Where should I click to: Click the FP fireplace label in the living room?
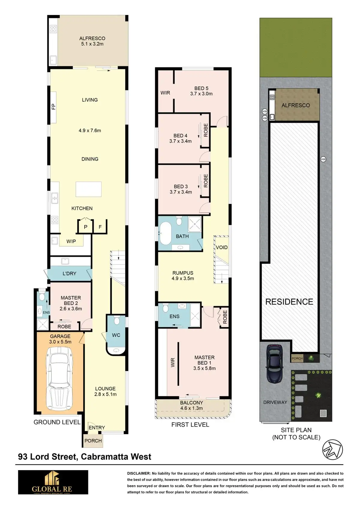pos(54,107)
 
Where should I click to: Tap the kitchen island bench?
pos(88,189)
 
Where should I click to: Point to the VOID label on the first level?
pos(222,247)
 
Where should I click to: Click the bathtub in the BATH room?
pos(165,233)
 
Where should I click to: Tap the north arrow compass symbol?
pos(332,449)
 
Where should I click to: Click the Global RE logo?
pos(53,482)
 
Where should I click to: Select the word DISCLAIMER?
pos(138,473)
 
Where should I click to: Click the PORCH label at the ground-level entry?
pos(93,441)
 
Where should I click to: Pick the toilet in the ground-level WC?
pos(117,321)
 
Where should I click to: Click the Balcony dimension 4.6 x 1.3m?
pos(191,408)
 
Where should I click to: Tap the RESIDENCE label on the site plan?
pos(289,302)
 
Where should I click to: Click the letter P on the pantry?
pos(85,227)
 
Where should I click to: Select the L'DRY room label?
pos(69,274)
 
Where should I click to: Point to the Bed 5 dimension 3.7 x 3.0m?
pos(201,94)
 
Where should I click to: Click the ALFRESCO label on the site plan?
pos(295,105)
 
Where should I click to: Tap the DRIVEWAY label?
pos(275,402)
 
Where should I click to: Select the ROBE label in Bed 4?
pos(205,130)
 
